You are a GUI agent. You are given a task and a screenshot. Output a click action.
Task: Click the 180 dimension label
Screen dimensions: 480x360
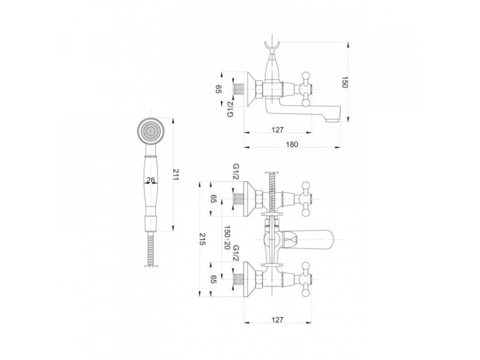click(x=292, y=144)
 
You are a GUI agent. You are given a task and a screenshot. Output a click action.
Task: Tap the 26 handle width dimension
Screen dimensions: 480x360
click(x=151, y=180)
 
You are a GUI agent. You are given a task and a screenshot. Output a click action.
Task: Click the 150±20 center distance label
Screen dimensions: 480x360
click(x=227, y=238)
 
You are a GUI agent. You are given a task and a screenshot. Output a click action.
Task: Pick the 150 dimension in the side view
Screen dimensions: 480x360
click(x=345, y=82)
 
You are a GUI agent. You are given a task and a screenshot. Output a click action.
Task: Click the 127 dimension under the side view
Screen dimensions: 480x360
click(x=277, y=130)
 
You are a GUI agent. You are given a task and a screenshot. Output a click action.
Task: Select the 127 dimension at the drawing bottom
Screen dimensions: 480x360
click(x=277, y=320)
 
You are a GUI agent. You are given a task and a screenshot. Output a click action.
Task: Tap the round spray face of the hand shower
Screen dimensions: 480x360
click(x=150, y=131)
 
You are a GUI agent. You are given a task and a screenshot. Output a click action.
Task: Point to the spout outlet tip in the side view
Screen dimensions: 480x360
click(x=334, y=120)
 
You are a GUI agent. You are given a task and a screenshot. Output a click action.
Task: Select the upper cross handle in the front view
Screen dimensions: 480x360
click(x=305, y=199)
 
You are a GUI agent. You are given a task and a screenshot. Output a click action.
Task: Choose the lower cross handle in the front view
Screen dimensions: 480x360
click(x=305, y=279)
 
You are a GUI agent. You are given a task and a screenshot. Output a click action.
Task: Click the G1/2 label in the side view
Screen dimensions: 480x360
click(x=231, y=108)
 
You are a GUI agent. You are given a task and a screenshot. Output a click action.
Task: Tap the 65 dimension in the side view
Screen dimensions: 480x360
click(x=218, y=89)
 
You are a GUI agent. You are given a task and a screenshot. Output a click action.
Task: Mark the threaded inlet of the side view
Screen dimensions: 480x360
click(x=238, y=89)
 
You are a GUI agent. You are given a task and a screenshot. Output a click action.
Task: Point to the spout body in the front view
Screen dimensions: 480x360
click(x=309, y=239)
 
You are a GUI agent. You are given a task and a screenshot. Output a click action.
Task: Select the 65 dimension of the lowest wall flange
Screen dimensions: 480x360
click(x=214, y=279)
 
